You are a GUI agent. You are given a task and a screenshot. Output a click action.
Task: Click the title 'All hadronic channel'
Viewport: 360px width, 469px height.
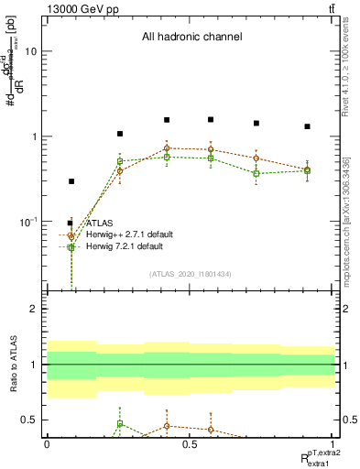coord(191,38)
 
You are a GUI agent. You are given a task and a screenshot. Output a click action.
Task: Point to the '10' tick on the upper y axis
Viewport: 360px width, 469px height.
coord(34,51)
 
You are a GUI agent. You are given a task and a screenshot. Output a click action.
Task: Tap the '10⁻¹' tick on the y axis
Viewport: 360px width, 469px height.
coord(31,222)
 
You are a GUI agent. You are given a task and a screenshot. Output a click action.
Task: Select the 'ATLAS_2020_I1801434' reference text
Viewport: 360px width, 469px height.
coord(191,274)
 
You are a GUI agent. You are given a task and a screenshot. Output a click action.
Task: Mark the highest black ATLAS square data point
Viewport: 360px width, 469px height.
coord(211,119)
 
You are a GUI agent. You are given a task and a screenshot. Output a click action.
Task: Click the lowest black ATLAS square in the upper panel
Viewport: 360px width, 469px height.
coord(71,181)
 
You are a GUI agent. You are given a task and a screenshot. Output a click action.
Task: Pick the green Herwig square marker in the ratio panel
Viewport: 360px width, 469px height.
coord(119,424)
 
